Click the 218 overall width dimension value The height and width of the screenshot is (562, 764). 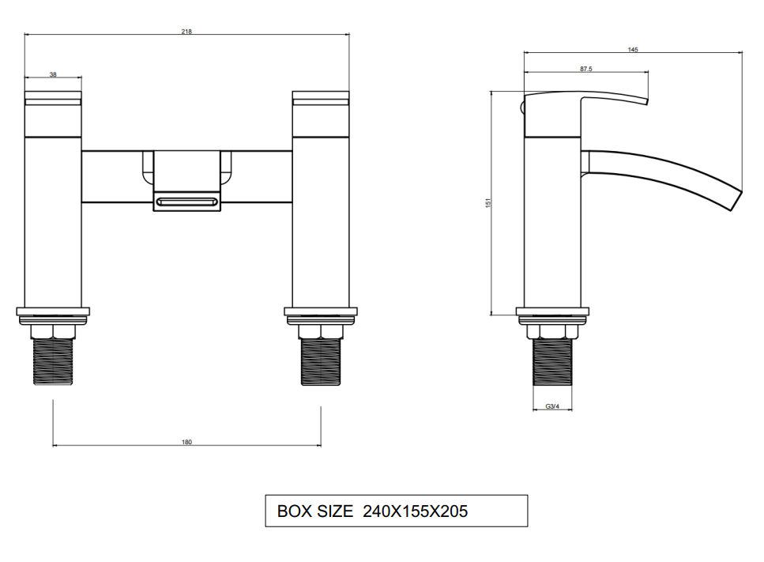coord(186,32)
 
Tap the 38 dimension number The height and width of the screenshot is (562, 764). coord(53,74)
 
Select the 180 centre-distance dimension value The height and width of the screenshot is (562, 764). coord(186,442)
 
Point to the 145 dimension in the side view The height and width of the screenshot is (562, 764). coord(633,50)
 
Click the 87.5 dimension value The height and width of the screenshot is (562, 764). coord(586,70)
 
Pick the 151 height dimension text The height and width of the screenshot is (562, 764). coord(488,203)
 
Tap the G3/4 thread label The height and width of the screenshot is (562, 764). coord(552,406)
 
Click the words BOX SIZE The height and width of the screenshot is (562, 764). coord(315,511)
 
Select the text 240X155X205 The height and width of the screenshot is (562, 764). coord(416,511)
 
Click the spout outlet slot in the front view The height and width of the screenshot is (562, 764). coord(187,201)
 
